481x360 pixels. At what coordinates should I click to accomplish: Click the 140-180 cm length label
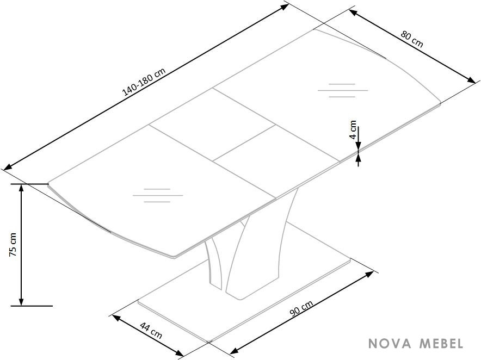coord(144,82)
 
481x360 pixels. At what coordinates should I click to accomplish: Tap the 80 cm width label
coord(412,40)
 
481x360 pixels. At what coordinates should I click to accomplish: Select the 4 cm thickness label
coord(353,129)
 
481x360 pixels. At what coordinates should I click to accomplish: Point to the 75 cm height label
coord(13,244)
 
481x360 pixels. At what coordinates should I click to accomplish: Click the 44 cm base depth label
coord(151,330)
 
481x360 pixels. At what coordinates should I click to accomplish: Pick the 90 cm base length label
coord(301,308)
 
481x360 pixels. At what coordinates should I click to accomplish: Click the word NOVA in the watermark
coord(390,344)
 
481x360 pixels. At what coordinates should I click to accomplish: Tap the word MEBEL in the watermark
coord(441,344)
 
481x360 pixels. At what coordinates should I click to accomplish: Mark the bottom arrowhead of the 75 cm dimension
coord(21,301)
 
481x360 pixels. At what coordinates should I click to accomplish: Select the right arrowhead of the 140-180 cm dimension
coord(285,7)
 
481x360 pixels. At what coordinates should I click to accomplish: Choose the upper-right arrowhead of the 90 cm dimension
coord(369,274)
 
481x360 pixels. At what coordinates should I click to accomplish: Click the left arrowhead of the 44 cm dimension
coord(116,318)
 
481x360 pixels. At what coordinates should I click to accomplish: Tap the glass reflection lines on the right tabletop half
coord(343,90)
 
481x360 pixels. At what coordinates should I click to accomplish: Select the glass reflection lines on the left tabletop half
coord(158,195)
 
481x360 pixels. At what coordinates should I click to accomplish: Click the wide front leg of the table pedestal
coord(261,245)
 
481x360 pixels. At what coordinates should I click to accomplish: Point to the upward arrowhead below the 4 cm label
coord(358,157)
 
